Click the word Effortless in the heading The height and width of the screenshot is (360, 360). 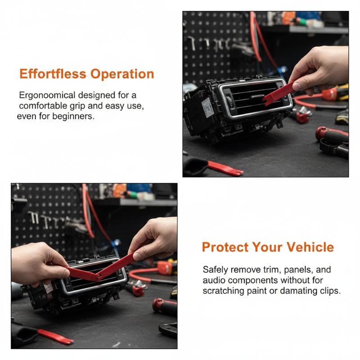click(53, 74)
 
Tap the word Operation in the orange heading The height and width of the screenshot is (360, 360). click(122, 74)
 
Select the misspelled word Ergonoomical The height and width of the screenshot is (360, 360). click(47, 95)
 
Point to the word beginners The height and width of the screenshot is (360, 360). click(73, 117)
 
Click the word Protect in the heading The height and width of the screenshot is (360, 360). click(225, 247)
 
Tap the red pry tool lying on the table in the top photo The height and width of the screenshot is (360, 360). click(225, 168)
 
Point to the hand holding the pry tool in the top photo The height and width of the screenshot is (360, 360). click(321, 69)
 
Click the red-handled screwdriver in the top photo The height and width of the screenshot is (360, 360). click(332, 135)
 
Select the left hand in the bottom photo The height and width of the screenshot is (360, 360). click(39, 264)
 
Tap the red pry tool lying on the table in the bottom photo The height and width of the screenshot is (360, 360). click(55, 336)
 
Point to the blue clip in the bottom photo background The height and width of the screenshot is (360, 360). click(116, 243)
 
